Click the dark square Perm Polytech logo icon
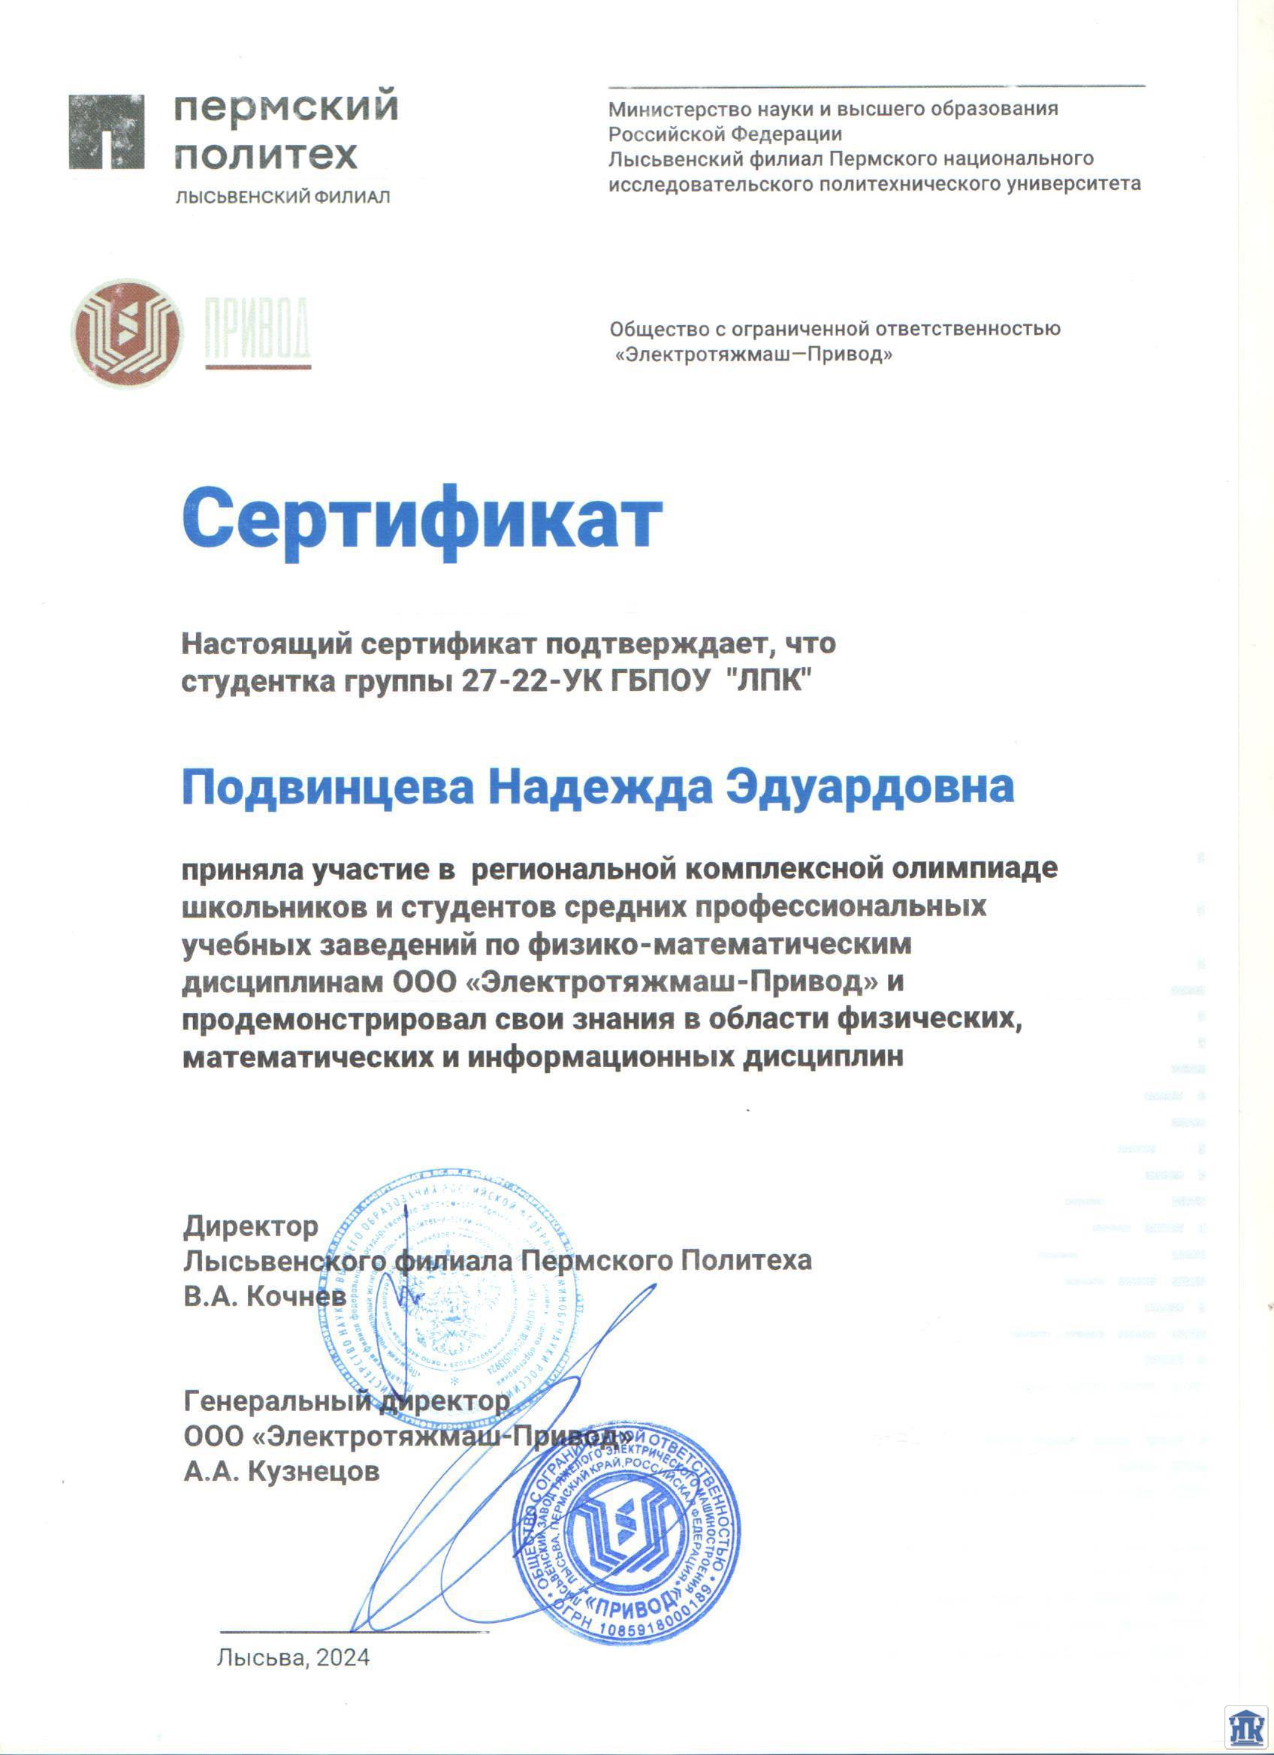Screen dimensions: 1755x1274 click(107, 131)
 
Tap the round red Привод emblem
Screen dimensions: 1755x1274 click(126, 333)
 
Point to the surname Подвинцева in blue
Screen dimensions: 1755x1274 click(328, 787)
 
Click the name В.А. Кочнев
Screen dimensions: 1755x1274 click(265, 1295)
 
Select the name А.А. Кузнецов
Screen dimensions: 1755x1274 click(282, 1470)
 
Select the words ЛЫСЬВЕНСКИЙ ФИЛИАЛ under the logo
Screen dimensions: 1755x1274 click(282, 198)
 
